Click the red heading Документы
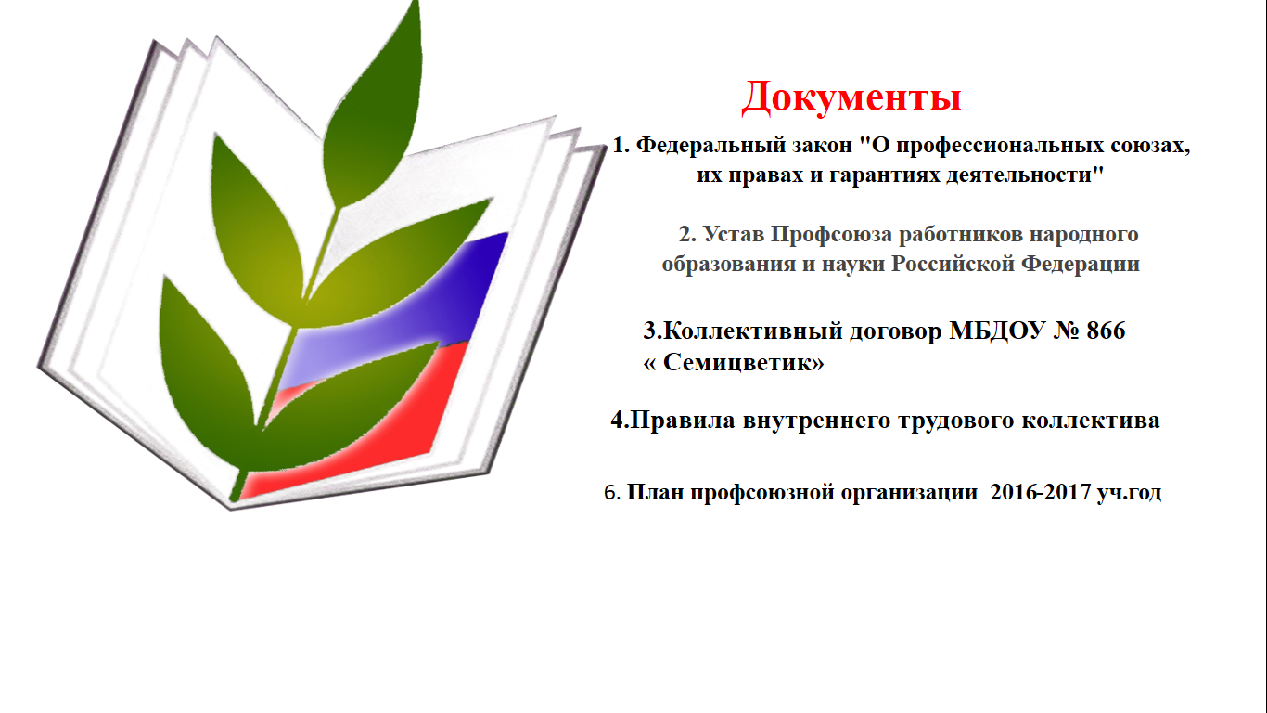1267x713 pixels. [x=851, y=98]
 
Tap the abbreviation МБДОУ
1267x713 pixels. [x=997, y=331]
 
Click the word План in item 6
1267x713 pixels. [x=655, y=492]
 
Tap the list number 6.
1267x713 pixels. [x=609, y=493]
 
